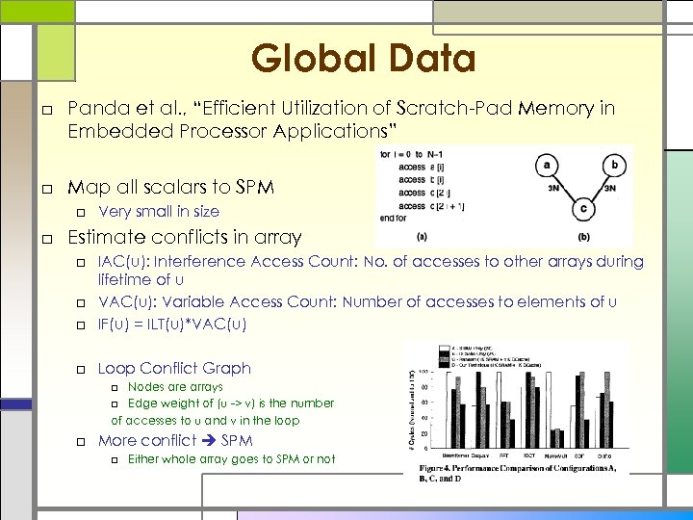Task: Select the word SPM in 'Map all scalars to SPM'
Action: (254, 185)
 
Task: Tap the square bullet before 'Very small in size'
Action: (84, 212)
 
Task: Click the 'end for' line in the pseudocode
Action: (396, 218)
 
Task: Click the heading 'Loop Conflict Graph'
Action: (174, 368)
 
